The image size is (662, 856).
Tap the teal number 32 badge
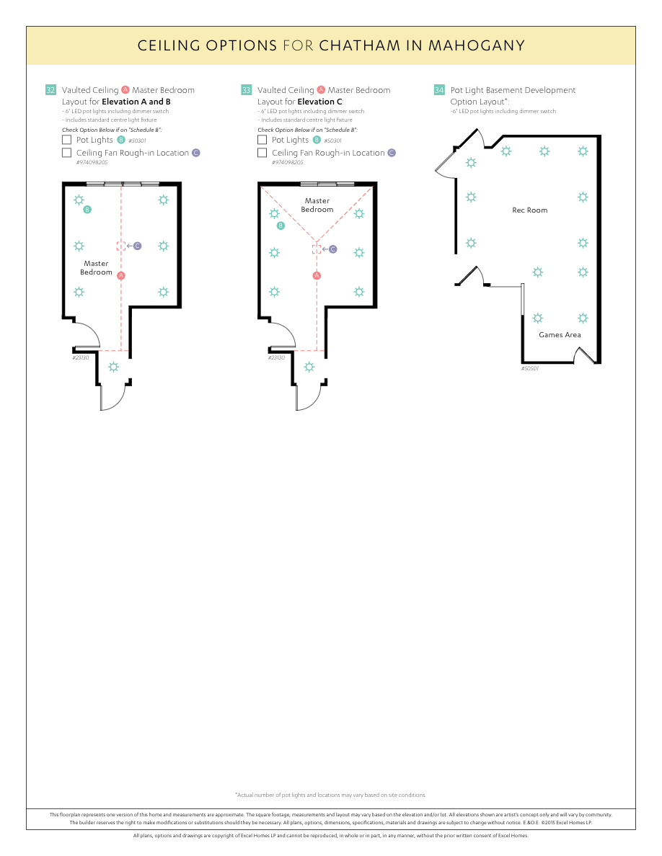(x=50, y=90)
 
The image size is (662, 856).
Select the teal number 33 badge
(x=247, y=90)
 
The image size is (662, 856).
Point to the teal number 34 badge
(x=439, y=90)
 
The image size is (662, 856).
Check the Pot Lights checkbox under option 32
(x=67, y=140)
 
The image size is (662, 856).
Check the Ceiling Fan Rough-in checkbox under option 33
(x=262, y=153)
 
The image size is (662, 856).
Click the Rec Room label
(x=529, y=210)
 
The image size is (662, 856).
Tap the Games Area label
(x=560, y=335)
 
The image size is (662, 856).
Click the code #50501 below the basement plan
(x=530, y=368)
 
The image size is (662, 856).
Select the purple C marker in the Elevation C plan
(x=333, y=249)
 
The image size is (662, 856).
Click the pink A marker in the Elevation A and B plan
(x=121, y=275)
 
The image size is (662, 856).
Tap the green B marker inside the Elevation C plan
(x=281, y=226)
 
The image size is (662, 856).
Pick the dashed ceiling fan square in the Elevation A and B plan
(x=121, y=246)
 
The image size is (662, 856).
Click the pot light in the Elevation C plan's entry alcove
(x=309, y=367)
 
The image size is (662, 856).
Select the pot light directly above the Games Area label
(x=537, y=318)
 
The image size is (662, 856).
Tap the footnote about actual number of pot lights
(x=330, y=795)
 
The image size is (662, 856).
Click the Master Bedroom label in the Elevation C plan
(x=317, y=205)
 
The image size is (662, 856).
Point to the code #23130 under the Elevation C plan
(x=276, y=357)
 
